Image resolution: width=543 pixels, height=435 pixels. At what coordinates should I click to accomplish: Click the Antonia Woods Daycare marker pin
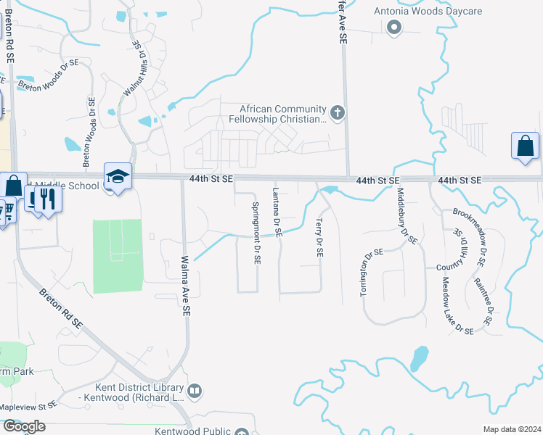(394, 28)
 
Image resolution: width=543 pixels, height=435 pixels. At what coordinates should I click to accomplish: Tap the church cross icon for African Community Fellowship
(337, 112)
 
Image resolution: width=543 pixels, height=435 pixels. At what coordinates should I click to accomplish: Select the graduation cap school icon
(118, 176)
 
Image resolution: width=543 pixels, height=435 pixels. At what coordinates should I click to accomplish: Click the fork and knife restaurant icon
(47, 198)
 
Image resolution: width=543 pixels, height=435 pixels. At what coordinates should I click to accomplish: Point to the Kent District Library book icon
(195, 391)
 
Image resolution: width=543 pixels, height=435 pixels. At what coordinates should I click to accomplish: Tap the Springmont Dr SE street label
(256, 233)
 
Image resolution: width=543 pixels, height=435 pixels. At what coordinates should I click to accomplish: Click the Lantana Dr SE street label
(277, 212)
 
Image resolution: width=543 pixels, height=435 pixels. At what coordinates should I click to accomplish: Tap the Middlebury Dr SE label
(407, 215)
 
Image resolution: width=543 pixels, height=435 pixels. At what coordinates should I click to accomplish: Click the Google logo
(24, 426)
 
